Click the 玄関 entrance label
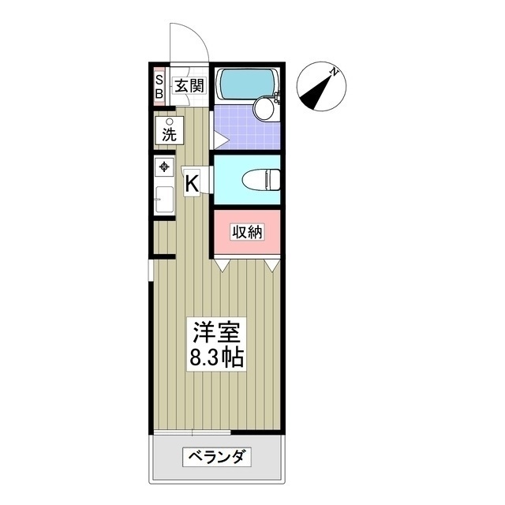coord(189,86)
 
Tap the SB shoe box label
coord(159,86)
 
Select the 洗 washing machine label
coord(169,134)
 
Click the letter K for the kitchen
coord(192,184)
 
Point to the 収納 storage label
coord(245,232)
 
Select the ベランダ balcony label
coord(216,457)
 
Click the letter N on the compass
coord(335,72)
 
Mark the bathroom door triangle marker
coord(220,141)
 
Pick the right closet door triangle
coord(271,266)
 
